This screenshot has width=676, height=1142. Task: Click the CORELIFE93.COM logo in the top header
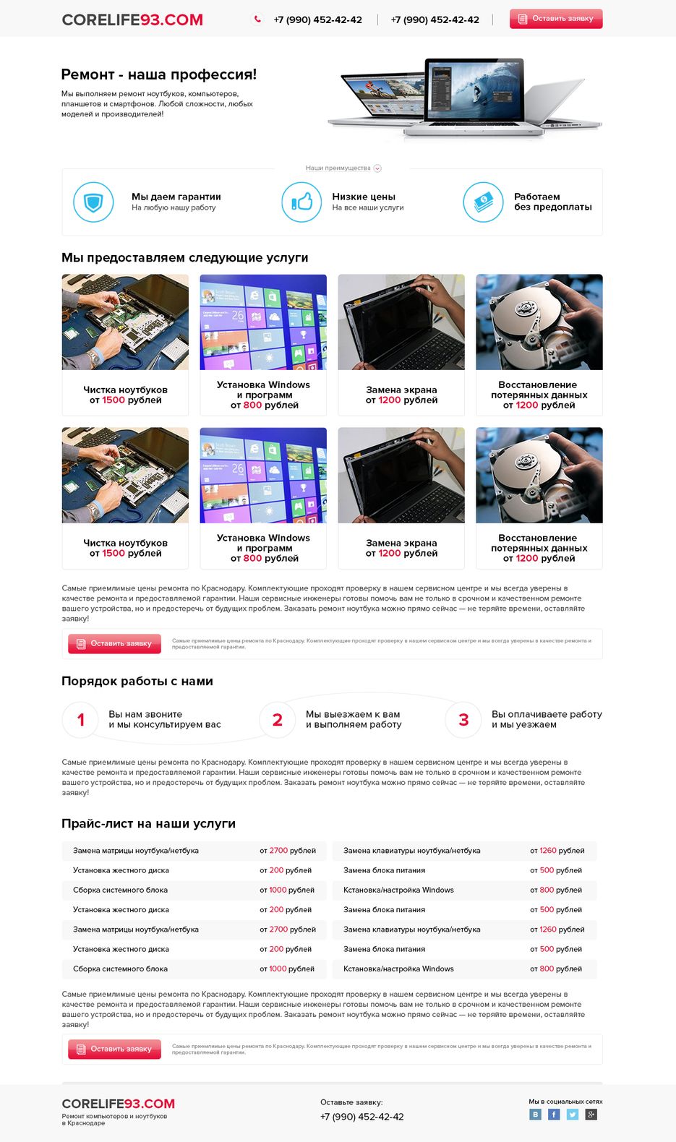[132, 20]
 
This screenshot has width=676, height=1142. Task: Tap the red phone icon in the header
[257, 20]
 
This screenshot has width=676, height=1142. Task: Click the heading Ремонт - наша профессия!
[159, 74]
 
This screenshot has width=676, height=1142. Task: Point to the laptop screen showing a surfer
[474, 91]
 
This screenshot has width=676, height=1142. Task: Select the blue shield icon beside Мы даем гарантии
[93, 202]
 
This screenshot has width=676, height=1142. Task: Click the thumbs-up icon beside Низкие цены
[301, 202]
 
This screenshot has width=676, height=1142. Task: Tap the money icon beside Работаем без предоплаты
[483, 202]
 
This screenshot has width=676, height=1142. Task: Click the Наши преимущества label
[338, 168]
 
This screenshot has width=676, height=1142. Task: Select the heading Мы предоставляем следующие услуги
[185, 258]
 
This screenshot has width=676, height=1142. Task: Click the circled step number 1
[80, 720]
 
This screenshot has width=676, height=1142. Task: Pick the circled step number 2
[278, 720]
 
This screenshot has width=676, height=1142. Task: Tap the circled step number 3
[463, 720]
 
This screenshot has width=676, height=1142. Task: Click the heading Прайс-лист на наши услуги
[148, 824]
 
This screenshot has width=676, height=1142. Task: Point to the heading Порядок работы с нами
[137, 682]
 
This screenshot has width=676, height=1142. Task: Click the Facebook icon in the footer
[554, 1115]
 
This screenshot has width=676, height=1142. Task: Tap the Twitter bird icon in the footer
[573, 1115]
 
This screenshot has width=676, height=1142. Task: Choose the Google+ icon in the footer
[591, 1115]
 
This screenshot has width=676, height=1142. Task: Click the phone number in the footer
[362, 1117]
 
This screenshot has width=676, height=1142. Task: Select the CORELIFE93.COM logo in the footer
[119, 1104]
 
